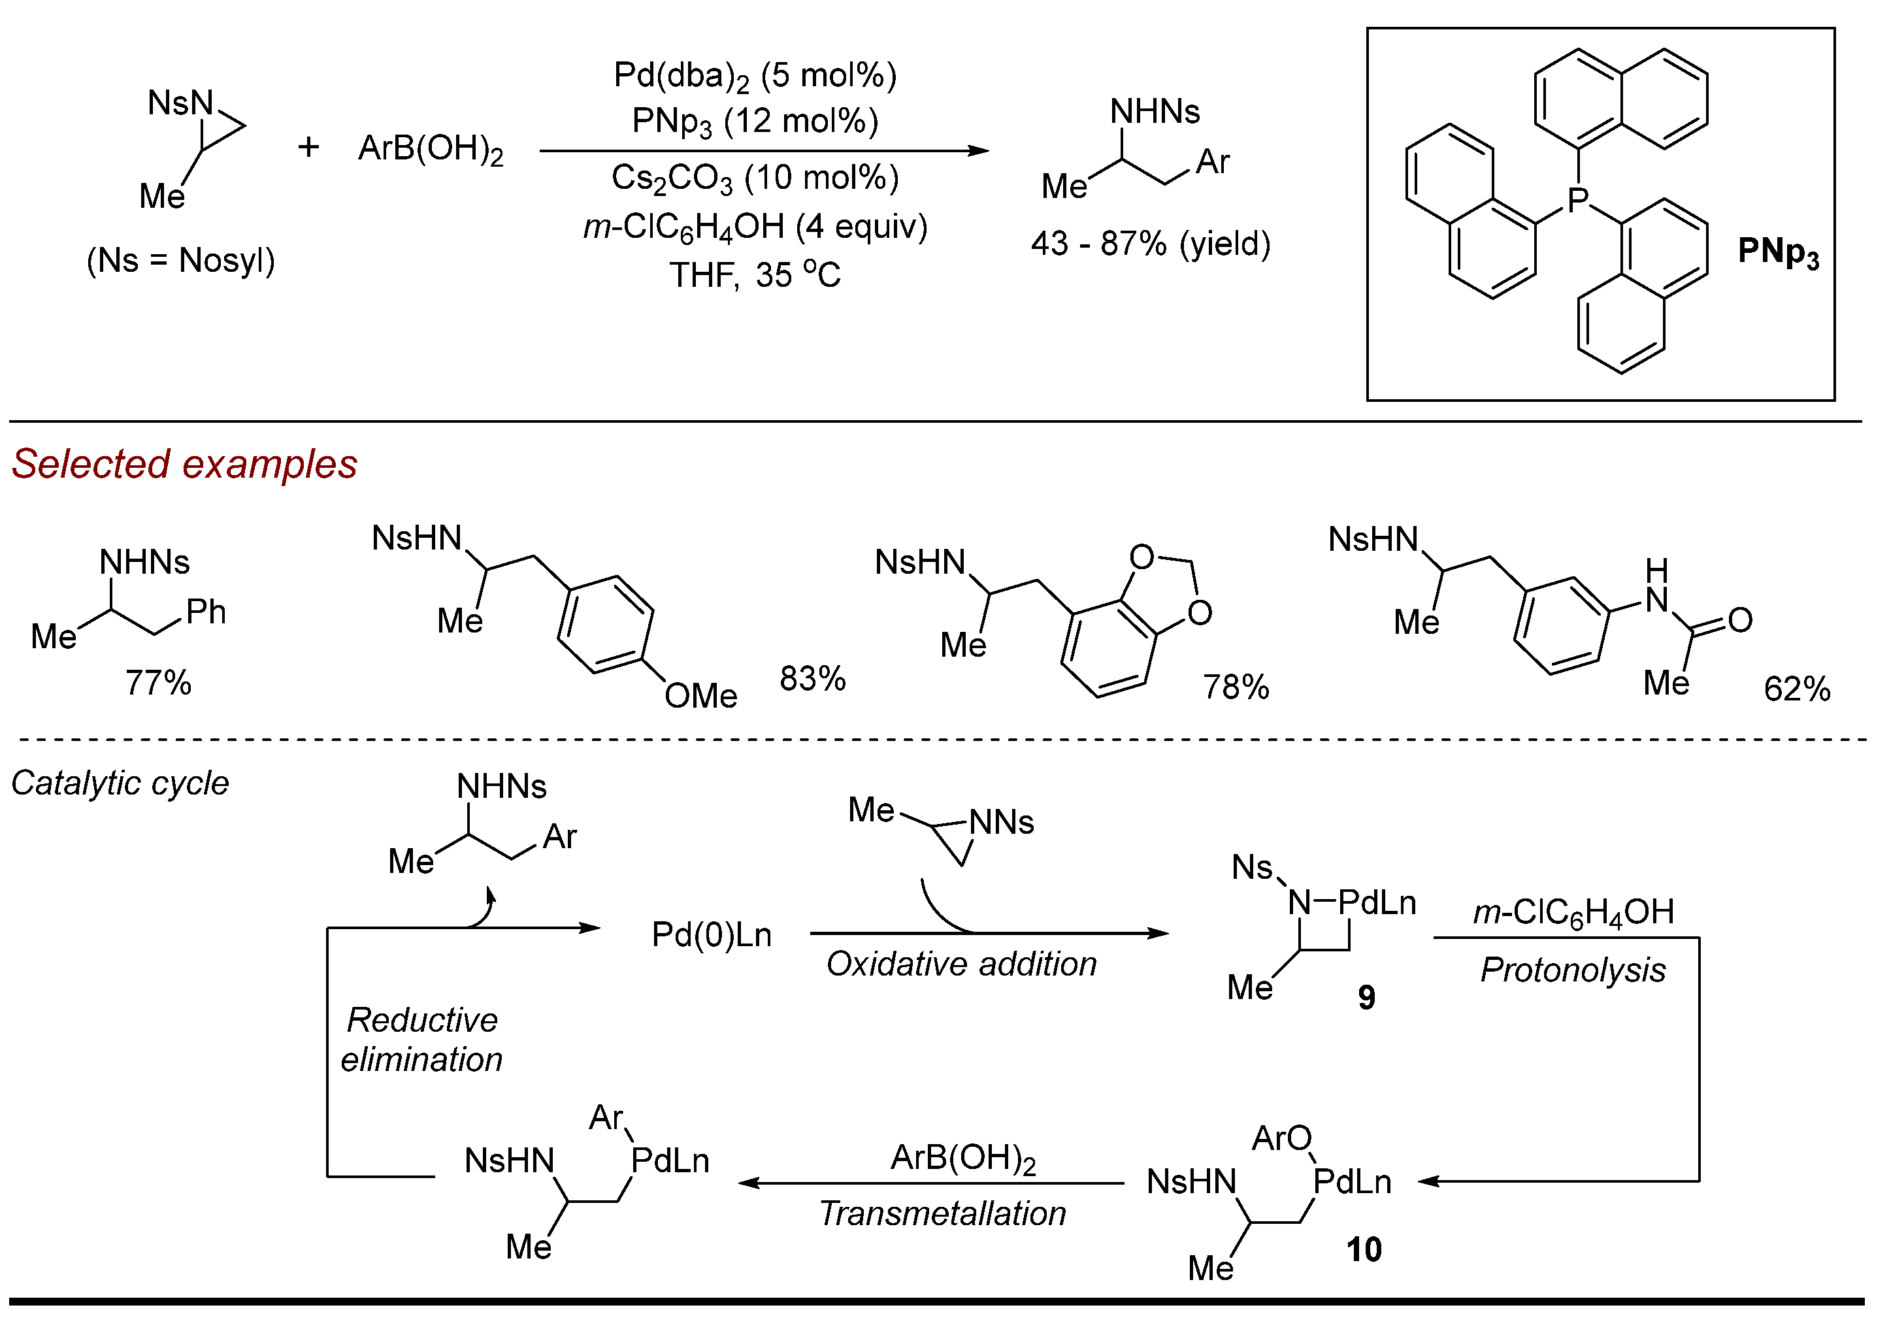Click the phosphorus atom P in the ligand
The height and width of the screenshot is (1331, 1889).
point(1577,200)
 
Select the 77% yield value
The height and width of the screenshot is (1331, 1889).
point(158,683)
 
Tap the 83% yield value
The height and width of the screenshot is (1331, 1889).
point(812,679)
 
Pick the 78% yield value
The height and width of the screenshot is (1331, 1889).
point(1236,687)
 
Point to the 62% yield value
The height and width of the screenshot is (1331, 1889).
point(1797,689)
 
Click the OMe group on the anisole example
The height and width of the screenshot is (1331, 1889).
point(700,696)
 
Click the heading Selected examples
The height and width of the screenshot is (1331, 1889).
point(184,464)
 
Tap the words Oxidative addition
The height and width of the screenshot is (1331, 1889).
point(961,964)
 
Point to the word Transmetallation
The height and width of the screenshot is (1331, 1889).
point(942,1213)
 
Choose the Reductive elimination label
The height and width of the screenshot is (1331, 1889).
point(421,1040)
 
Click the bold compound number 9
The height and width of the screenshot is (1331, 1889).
point(1366,997)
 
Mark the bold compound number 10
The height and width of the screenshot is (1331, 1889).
point(1363,1249)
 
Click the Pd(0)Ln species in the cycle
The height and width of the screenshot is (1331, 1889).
point(711,935)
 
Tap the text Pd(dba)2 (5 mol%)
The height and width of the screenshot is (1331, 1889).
point(755,76)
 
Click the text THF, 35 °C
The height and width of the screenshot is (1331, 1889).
point(755,274)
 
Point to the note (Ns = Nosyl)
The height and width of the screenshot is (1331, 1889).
point(180,261)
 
